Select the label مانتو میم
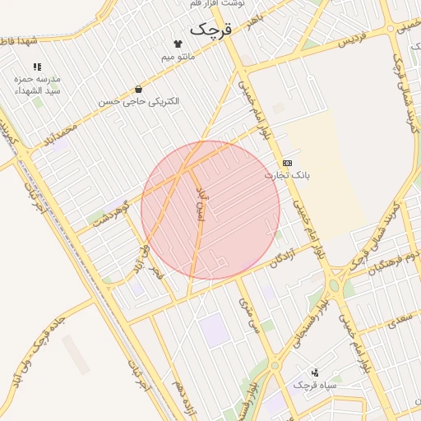point(178,57)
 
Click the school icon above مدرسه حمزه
point(37,66)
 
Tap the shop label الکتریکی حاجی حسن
point(138,101)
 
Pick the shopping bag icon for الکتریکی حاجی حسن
point(138,89)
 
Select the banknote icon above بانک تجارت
point(286,163)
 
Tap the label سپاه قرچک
point(313,385)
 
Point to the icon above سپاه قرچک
point(314,372)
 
